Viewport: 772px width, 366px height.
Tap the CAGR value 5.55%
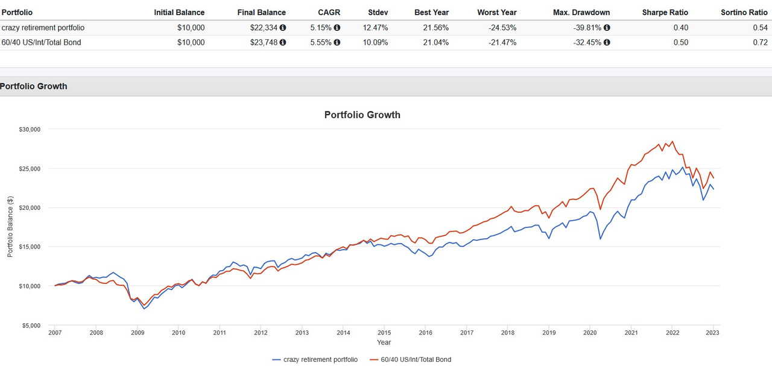click(x=320, y=42)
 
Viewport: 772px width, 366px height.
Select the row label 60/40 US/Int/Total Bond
click(x=41, y=42)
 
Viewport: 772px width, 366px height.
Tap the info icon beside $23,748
click(x=283, y=42)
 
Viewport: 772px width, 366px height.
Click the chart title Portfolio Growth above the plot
click(x=362, y=115)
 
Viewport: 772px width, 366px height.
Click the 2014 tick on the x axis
click(x=343, y=332)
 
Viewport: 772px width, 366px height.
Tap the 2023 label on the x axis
click(x=713, y=332)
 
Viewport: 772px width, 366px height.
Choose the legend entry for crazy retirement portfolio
click(x=315, y=359)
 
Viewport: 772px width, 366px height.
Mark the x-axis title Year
click(x=384, y=342)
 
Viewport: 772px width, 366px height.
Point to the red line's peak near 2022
click(x=672, y=142)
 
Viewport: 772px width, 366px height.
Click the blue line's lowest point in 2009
click(x=144, y=309)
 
